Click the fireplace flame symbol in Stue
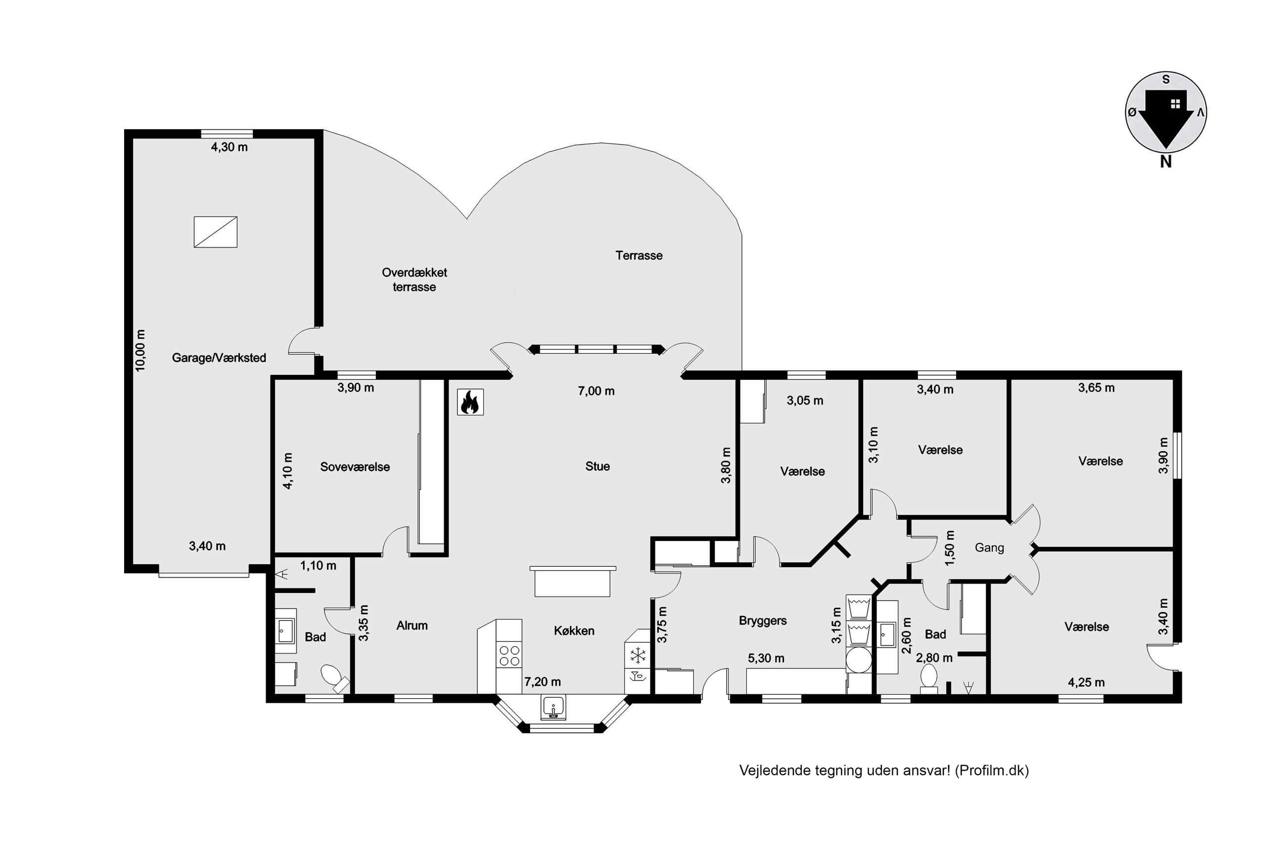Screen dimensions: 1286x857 tap(470, 402)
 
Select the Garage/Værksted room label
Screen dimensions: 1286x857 tap(219, 358)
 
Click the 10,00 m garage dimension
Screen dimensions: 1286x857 tap(140, 350)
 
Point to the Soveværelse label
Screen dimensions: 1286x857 tap(355, 467)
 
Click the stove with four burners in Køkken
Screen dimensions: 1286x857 tap(509, 656)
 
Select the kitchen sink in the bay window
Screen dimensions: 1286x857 tap(553, 708)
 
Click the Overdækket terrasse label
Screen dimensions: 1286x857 tap(414, 280)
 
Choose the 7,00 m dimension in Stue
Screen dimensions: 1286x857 tap(597, 391)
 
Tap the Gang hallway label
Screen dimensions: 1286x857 tap(989, 547)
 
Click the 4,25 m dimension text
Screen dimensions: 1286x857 tap(1086, 682)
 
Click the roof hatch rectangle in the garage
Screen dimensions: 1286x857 tap(215, 232)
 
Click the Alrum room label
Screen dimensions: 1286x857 tap(412, 626)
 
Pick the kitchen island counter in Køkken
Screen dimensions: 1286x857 tap(572, 582)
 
